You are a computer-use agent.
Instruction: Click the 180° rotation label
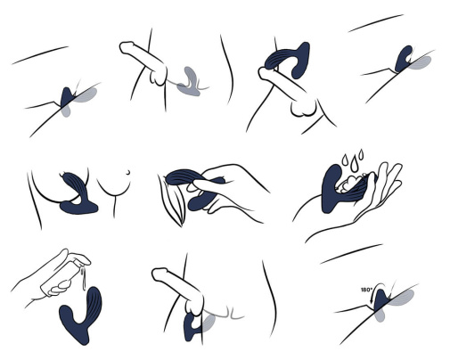[366, 290]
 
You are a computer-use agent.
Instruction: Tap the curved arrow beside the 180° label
[375, 289]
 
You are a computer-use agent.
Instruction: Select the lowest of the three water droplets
[353, 167]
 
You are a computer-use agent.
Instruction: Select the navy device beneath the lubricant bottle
[80, 315]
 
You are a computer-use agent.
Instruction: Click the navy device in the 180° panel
[380, 300]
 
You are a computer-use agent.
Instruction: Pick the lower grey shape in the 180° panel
[380, 315]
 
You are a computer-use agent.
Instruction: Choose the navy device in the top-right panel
[404, 59]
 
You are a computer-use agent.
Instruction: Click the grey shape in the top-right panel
[420, 62]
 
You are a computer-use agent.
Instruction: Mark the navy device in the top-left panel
[67, 96]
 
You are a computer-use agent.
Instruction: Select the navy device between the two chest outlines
[77, 193]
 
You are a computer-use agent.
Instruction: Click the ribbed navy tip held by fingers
[181, 177]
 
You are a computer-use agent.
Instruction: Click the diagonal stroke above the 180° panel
[351, 254]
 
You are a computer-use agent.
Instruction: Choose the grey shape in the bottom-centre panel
[209, 323]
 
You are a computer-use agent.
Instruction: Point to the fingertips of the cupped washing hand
[389, 171]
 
